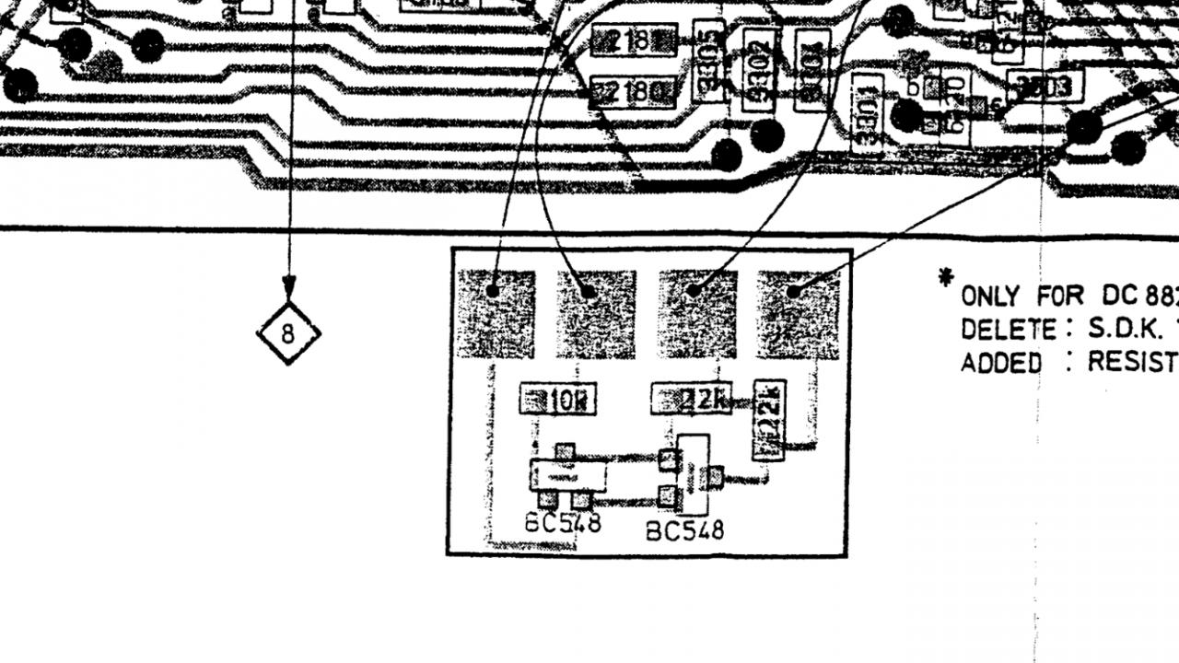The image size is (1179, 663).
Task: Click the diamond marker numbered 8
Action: pyautogui.click(x=288, y=332)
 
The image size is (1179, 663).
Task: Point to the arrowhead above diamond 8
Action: pyautogui.click(x=289, y=286)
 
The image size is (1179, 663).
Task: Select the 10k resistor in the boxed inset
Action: pyautogui.click(x=557, y=401)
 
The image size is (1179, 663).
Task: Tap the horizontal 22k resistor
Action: pyautogui.click(x=691, y=401)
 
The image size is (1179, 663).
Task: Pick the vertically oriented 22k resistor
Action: pyautogui.click(x=769, y=419)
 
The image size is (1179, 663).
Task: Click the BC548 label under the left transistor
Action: pyautogui.click(x=563, y=522)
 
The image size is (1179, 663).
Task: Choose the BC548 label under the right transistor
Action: pyautogui.click(x=684, y=530)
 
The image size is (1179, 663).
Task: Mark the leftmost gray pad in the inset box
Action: pyautogui.click(x=496, y=313)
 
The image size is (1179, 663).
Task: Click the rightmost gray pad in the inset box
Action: pyautogui.click(x=798, y=313)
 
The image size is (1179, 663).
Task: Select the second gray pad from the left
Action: pyautogui.click(x=596, y=313)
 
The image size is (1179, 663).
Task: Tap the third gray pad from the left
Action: pyautogui.click(x=697, y=313)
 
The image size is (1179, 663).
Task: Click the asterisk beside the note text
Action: pyautogui.click(x=944, y=277)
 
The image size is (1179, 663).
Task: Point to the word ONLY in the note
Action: pyautogui.click(x=989, y=297)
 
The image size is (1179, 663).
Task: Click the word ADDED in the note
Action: pyautogui.click(x=1001, y=363)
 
